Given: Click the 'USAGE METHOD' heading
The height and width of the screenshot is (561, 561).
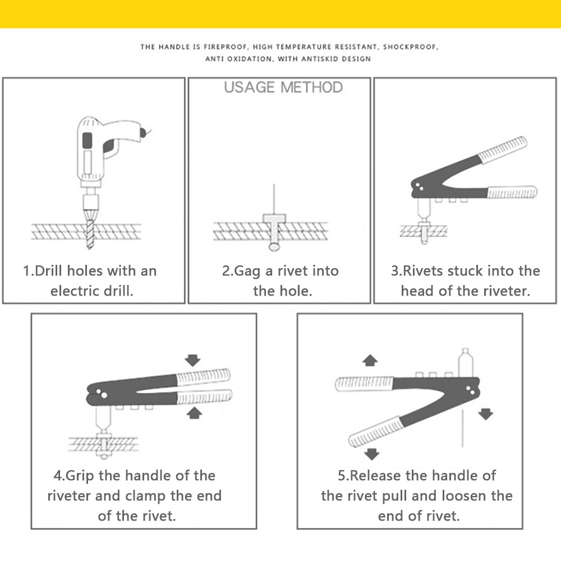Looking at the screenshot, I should point(283,88).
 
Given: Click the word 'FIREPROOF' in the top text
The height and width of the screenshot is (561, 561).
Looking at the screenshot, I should point(223,47).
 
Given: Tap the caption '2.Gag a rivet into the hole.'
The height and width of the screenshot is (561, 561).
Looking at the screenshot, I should point(280,280).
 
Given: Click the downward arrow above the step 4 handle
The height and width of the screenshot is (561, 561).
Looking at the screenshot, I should point(192,360).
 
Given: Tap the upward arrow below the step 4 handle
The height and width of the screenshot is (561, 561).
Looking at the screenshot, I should point(194,413).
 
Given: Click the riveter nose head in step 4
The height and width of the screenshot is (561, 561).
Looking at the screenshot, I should point(103,419).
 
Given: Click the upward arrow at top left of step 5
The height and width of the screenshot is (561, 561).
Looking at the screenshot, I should point(369,360).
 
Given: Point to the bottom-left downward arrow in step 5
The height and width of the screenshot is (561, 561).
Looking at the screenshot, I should point(369,453).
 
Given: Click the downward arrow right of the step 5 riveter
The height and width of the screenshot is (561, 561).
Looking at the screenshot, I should point(485,414).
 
